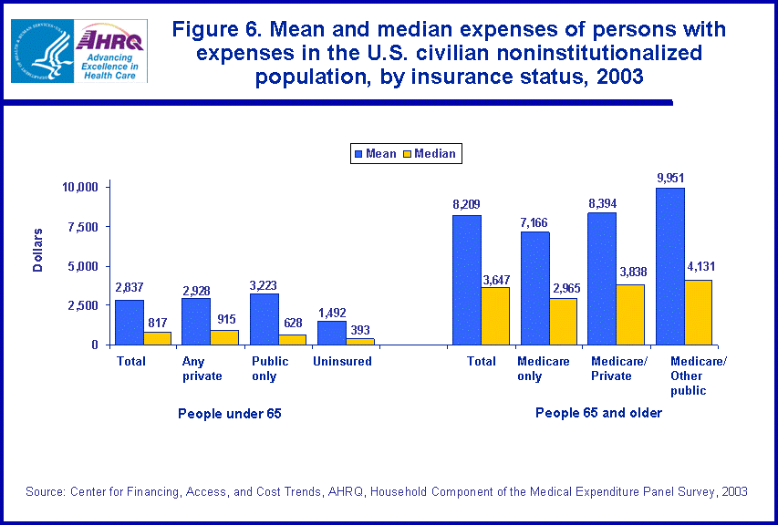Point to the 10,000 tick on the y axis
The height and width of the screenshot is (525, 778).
click(x=79, y=187)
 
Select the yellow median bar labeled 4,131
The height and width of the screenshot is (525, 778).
click(x=698, y=313)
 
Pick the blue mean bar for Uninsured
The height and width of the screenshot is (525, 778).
click(x=331, y=333)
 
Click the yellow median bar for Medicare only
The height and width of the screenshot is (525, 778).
click(x=564, y=322)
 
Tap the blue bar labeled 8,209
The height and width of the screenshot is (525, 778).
click(x=467, y=280)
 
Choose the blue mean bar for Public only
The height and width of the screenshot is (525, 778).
click(x=265, y=319)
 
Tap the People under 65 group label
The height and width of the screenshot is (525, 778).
click(x=230, y=414)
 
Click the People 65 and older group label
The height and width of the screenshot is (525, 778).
click(x=598, y=413)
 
